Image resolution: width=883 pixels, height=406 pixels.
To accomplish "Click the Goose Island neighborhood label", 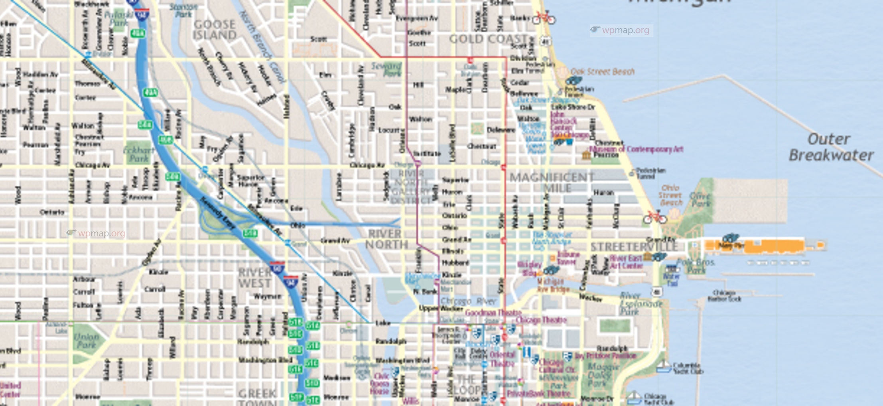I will tap(214, 30).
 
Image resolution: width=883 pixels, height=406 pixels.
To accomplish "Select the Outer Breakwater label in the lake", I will tap(830, 147).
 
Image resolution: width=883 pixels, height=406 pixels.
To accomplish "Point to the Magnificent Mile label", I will tap(552, 182).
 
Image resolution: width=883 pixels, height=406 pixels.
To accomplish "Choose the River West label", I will tap(254, 278).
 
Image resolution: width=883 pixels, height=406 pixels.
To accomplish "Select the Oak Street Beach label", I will tap(602, 71).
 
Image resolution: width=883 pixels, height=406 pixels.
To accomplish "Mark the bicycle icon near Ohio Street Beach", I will tap(654, 218).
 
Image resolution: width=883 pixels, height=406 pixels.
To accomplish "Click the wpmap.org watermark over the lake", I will tap(621, 30).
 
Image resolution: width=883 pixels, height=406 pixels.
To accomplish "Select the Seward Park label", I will tap(386, 69).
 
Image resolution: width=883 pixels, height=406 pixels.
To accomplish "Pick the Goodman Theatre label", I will tap(493, 313).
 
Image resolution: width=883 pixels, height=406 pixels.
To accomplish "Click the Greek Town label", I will tap(257, 397).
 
